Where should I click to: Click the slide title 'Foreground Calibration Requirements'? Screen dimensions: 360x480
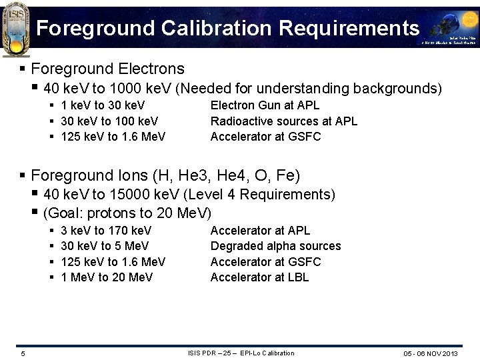[228, 28]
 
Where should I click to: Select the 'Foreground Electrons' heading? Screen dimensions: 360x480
[107, 69]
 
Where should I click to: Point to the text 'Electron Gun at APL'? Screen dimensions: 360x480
[265, 105]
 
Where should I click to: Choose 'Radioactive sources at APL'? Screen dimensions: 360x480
[283, 121]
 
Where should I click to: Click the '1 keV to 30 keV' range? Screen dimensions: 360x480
[103, 105]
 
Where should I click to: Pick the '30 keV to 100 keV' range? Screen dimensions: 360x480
[109, 121]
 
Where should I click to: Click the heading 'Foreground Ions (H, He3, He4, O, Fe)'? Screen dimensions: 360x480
[165, 175]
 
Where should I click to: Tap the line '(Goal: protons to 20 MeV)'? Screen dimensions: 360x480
[127, 213]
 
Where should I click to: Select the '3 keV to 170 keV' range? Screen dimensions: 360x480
[106, 231]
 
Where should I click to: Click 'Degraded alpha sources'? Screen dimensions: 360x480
[275, 246]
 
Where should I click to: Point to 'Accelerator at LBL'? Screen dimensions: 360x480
[259, 277]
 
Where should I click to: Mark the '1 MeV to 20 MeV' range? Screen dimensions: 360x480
[107, 277]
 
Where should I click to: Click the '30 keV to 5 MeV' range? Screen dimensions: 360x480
[105, 246]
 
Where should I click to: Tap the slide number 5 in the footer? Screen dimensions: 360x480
[23, 353]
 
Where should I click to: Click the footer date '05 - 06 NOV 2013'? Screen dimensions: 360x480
[431, 353]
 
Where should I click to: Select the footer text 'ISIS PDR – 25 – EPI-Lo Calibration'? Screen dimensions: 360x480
[241, 353]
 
